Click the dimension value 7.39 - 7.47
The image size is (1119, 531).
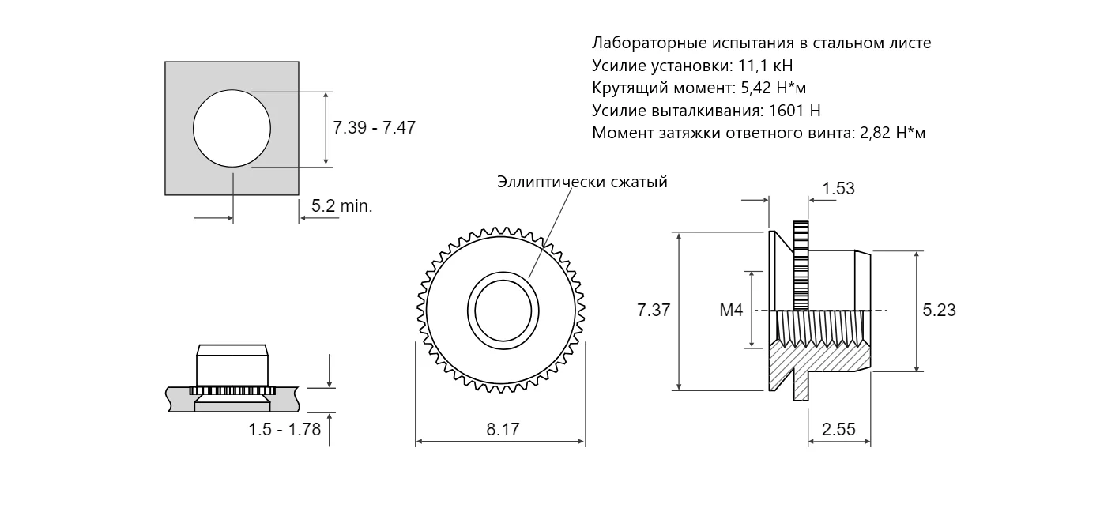(x=374, y=127)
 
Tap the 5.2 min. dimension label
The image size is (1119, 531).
(x=341, y=206)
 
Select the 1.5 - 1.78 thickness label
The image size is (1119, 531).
(x=284, y=430)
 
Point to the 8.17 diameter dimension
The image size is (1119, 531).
(x=503, y=430)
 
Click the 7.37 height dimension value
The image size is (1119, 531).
(x=654, y=311)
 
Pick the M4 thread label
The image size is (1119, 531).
(x=731, y=311)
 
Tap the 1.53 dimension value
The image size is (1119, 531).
(x=838, y=189)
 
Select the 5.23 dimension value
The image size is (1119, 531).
(x=939, y=311)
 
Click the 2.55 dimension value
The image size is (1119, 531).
(x=838, y=430)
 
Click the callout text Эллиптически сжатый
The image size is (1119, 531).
(x=582, y=183)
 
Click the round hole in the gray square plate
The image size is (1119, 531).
(x=232, y=128)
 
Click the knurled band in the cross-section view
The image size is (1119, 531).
(x=801, y=265)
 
